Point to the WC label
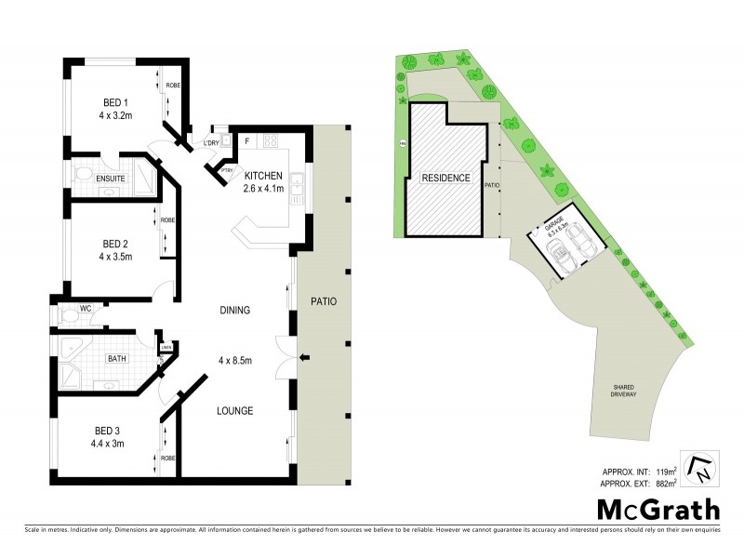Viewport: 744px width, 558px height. click(85, 306)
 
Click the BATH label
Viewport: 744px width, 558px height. click(116, 358)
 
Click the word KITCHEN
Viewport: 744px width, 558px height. click(265, 174)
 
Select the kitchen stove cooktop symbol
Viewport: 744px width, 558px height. click(272, 142)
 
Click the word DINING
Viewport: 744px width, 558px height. click(235, 311)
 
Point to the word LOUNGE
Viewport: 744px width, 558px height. click(235, 410)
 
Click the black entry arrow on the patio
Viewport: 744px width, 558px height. click(307, 358)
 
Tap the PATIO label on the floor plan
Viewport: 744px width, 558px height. click(325, 302)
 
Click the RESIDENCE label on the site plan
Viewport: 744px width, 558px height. click(445, 178)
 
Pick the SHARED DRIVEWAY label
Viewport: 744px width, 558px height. click(624, 392)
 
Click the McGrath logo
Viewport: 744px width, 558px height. click(658, 510)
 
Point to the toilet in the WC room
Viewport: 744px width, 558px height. click(68, 315)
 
